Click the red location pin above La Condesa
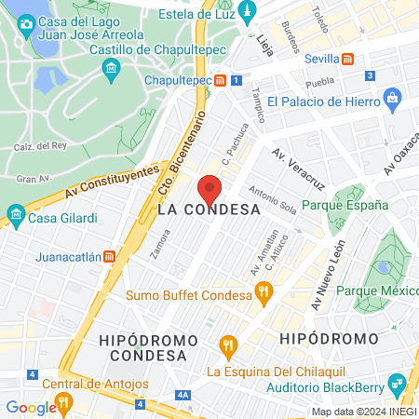[209, 191]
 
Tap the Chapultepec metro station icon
[220, 80]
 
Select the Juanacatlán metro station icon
[110, 256]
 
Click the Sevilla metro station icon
[347, 58]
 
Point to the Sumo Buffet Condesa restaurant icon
[264, 295]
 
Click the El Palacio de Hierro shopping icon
[391, 97]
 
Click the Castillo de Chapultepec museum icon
[111, 68]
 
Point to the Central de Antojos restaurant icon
[63, 402]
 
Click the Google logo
[31, 407]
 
